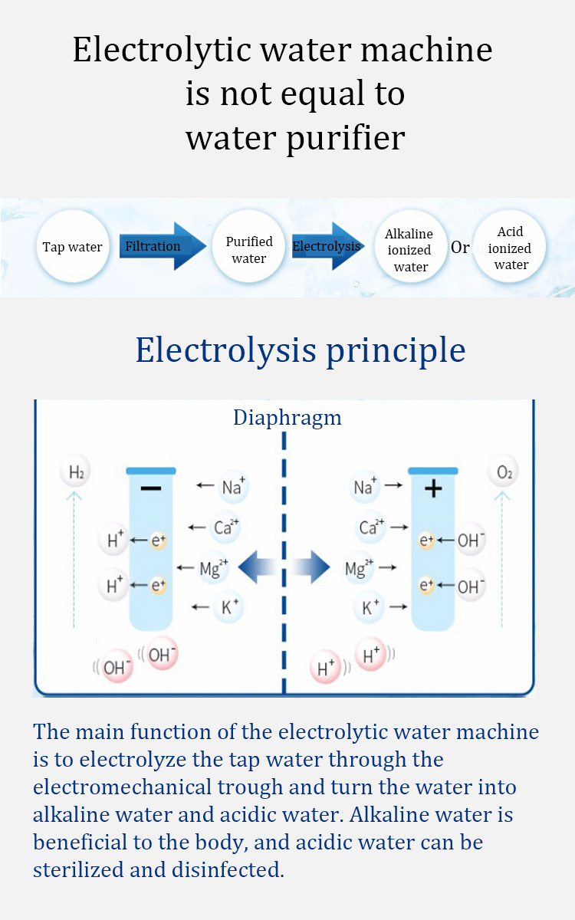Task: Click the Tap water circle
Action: (73, 246)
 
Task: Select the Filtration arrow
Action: (163, 246)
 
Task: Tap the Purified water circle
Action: (248, 246)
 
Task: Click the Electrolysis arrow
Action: (328, 246)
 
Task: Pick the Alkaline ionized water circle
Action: (411, 246)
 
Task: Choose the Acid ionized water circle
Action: (509, 246)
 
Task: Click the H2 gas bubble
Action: (76, 472)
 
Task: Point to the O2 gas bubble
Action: (504, 472)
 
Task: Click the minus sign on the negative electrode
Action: (151, 488)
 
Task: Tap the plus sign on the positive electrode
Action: (433, 488)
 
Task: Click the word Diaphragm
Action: (287, 419)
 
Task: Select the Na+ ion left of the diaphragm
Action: (233, 487)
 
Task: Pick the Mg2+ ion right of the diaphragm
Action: (360, 567)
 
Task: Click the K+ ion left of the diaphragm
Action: (228, 607)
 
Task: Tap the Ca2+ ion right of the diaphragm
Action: (371, 527)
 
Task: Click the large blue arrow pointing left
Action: (258, 567)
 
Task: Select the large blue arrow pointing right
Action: (310, 567)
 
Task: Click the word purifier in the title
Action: (346, 140)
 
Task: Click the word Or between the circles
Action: (460, 247)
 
